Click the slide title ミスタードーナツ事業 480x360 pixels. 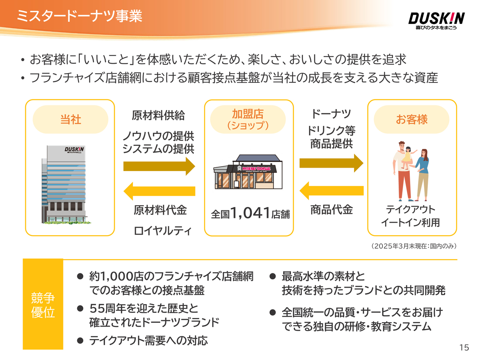click(79, 16)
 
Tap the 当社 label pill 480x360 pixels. click(70, 119)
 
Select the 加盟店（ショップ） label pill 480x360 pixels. click(248, 119)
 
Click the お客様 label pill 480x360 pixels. click(411, 119)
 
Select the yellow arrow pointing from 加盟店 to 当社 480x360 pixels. click(159, 191)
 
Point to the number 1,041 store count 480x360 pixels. click(250, 213)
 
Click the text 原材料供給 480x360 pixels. click(158, 115)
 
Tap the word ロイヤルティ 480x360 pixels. click(162, 230)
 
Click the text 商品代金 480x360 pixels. click(331, 210)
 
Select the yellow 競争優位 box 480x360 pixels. click(43, 304)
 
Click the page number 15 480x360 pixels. click(464, 348)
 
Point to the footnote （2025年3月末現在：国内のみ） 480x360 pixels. click(413, 246)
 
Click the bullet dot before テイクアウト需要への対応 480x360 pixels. click(80, 340)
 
